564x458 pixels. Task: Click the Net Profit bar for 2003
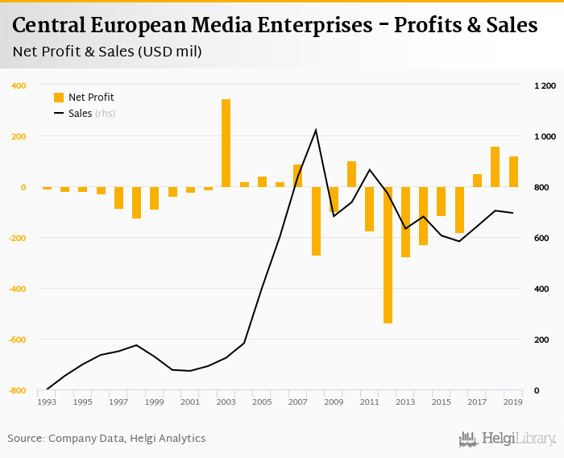coord(226,143)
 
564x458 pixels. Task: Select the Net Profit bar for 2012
coord(388,255)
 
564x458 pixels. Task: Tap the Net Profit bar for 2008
coord(316,221)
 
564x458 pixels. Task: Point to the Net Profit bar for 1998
coord(137,202)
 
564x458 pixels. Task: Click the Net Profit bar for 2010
coord(351,174)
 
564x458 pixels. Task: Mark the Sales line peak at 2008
coord(315,130)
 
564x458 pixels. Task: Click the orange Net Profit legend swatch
coord(59,98)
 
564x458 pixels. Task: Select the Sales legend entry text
coord(81,114)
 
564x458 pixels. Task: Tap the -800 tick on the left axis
coord(16,391)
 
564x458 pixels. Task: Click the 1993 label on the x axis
coord(48,402)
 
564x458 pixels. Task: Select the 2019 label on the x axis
coord(512,402)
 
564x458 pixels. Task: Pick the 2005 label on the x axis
coord(262,402)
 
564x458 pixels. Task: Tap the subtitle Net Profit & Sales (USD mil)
coord(107,52)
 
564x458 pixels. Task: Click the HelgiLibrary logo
coord(507,439)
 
